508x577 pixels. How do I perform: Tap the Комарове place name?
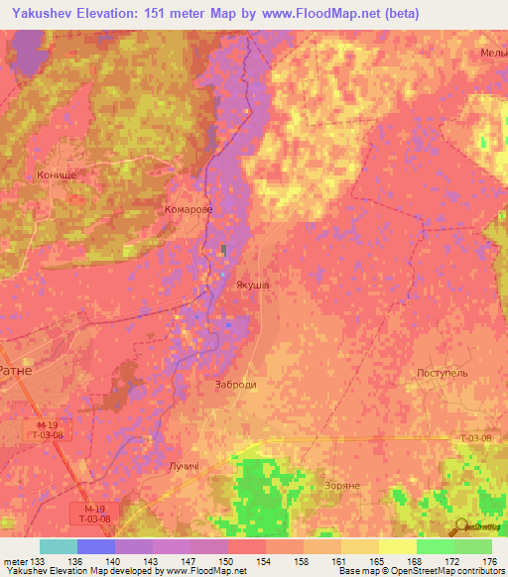189,210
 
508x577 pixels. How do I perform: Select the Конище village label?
57,174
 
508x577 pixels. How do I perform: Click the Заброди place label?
236,385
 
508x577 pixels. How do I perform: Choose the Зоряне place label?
342,486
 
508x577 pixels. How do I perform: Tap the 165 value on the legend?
378,560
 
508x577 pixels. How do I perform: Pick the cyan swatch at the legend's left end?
58,546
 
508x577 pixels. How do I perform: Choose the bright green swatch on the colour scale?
436,546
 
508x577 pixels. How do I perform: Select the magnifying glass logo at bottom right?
460,527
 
